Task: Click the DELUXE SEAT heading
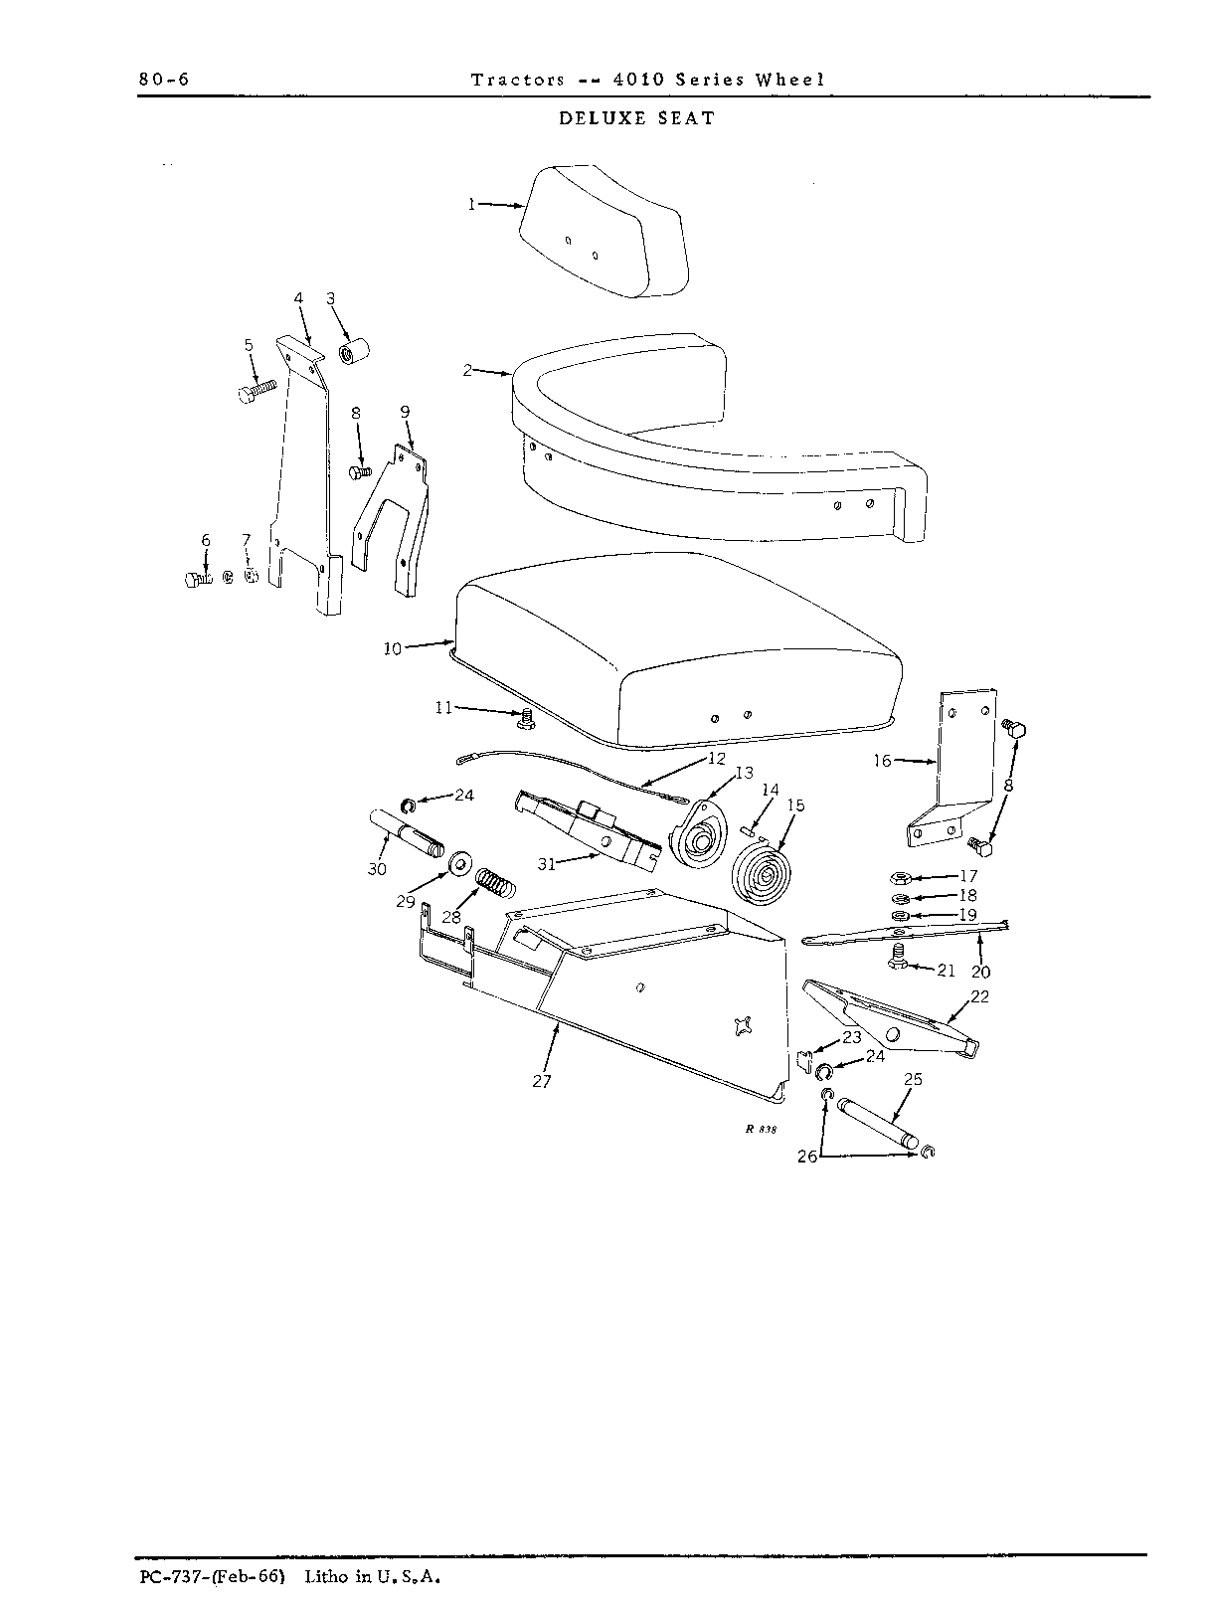pos(636,119)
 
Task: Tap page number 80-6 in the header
pos(164,80)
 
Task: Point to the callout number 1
pos(472,204)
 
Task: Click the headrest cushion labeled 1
pos(604,232)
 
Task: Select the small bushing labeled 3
pos(354,350)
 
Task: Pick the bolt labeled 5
pos(258,390)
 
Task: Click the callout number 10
pos(393,648)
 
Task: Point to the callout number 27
pos(542,1081)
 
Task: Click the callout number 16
pos(882,761)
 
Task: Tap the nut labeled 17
pos(900,876)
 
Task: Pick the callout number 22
pos(979,996)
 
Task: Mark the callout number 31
pos(547,864)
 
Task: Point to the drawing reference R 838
pos(761,1129)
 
